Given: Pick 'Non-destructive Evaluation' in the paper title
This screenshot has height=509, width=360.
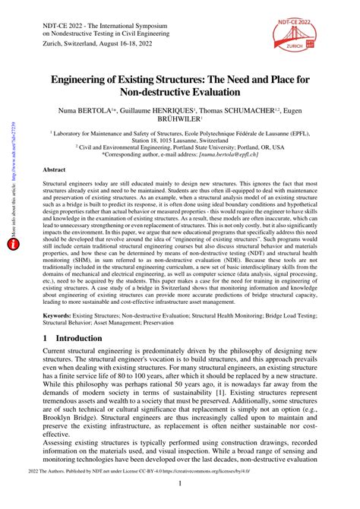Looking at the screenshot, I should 179,93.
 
